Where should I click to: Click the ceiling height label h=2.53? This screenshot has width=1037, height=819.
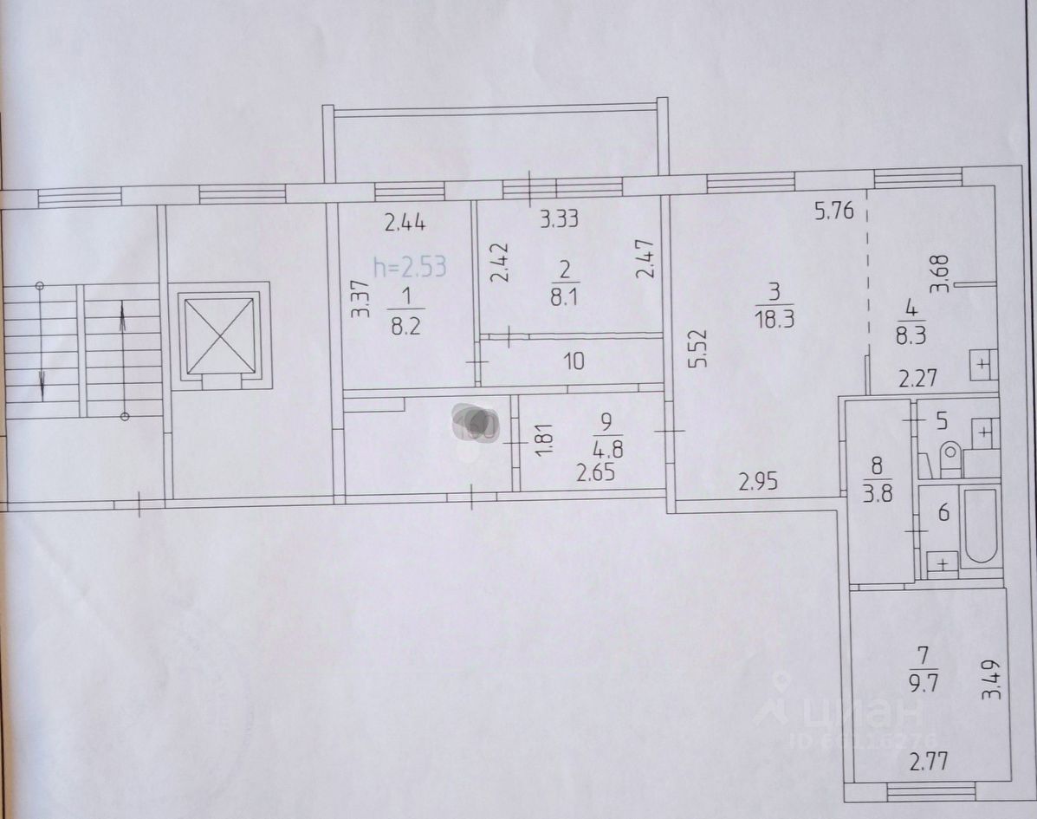coord(410,266)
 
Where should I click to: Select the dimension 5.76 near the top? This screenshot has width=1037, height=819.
coord(834,210)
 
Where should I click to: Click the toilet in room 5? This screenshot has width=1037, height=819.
coord(950,459)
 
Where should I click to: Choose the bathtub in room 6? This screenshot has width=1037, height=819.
coord(982,526)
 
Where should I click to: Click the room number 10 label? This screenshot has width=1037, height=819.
coord(574,361)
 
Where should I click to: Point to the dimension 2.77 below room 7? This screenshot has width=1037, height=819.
coord(928,764)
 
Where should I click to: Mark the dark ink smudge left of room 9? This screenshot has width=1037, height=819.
coord(475,424)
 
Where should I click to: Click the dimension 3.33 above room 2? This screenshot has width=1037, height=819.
coord(559,219)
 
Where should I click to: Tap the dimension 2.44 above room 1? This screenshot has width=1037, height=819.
coord(405,224)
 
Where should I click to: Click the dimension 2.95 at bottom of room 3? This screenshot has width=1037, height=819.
coord(759,481)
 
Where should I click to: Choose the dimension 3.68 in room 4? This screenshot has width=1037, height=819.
coord(943,271)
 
